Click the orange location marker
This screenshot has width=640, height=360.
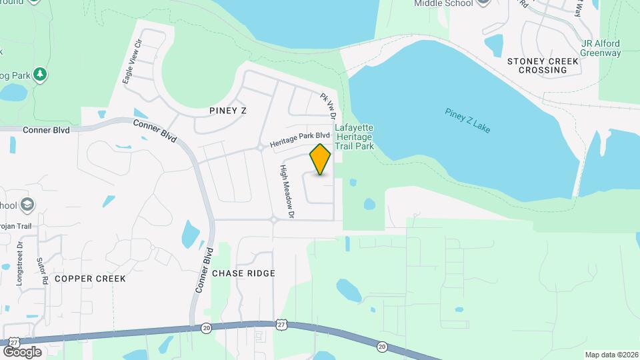pos(321,159)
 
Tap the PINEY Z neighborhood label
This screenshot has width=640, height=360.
pos(227,111)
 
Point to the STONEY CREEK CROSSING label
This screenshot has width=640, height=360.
pos(543,65)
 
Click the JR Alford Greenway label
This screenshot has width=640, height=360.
pos(601,49)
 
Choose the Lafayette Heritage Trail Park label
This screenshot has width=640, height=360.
pos(354,137)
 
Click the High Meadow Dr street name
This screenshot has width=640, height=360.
pos(287,192)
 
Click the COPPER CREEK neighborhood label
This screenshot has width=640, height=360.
pos(91,278)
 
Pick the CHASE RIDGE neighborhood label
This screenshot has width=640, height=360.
pos(243,273)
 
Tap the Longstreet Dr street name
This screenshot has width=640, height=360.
pos(20,264)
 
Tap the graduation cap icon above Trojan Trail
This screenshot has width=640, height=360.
pos(27,204)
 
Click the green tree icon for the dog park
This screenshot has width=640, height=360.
pos(41,74)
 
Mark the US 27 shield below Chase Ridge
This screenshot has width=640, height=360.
pos(281,324)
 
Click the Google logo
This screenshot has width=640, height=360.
pos(22,351)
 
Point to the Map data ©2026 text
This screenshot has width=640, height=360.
pos(611,355)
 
